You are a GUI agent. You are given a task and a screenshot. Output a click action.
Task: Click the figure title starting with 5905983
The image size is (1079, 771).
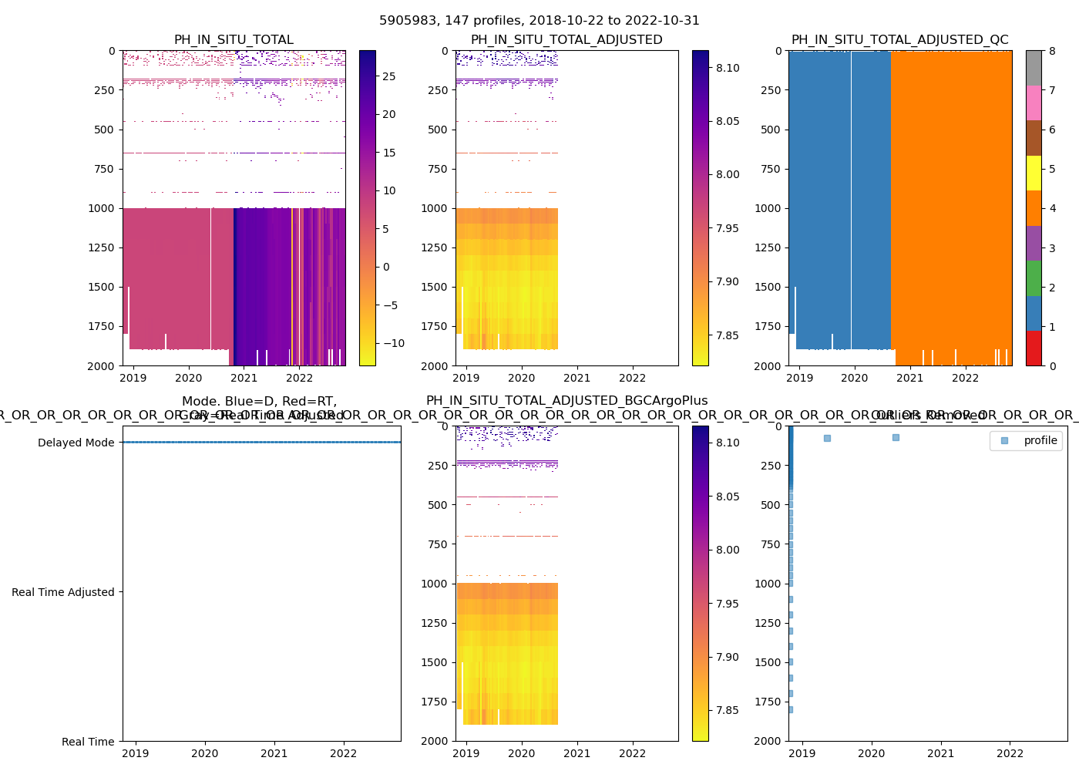539,21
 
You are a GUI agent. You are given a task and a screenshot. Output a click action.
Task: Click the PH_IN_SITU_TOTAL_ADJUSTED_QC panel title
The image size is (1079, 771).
899,40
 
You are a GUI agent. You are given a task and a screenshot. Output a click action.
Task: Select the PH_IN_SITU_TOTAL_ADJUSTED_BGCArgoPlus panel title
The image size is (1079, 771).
566,401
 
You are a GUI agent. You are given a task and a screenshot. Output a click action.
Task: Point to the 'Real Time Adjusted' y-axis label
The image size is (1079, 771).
62,592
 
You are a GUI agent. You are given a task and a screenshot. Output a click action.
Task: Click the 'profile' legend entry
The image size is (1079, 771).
1040,440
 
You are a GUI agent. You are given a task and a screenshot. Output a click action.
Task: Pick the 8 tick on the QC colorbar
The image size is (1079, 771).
1052,51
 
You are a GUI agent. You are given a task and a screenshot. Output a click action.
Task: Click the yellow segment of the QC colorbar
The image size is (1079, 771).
1034,173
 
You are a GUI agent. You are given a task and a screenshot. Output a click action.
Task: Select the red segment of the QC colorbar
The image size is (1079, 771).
1034,348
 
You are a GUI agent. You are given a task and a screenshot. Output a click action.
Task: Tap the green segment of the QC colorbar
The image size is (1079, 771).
1034,278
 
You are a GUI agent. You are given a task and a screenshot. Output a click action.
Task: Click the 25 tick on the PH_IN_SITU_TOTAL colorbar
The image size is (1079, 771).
389,76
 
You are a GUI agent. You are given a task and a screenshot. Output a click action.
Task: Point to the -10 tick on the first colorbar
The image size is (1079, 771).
389,343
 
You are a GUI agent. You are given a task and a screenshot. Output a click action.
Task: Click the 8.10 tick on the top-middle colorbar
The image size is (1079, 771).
728,68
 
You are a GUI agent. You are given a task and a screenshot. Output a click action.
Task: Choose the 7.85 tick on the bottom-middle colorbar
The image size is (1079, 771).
728,710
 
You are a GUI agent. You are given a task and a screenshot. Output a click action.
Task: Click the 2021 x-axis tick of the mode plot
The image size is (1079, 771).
274,753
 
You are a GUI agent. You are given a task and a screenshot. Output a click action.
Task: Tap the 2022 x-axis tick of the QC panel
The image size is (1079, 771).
965,378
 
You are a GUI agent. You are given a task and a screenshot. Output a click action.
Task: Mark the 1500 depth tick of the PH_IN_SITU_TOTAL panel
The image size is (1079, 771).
105,287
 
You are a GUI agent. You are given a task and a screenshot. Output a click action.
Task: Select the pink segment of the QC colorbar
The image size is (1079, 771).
1034,103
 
